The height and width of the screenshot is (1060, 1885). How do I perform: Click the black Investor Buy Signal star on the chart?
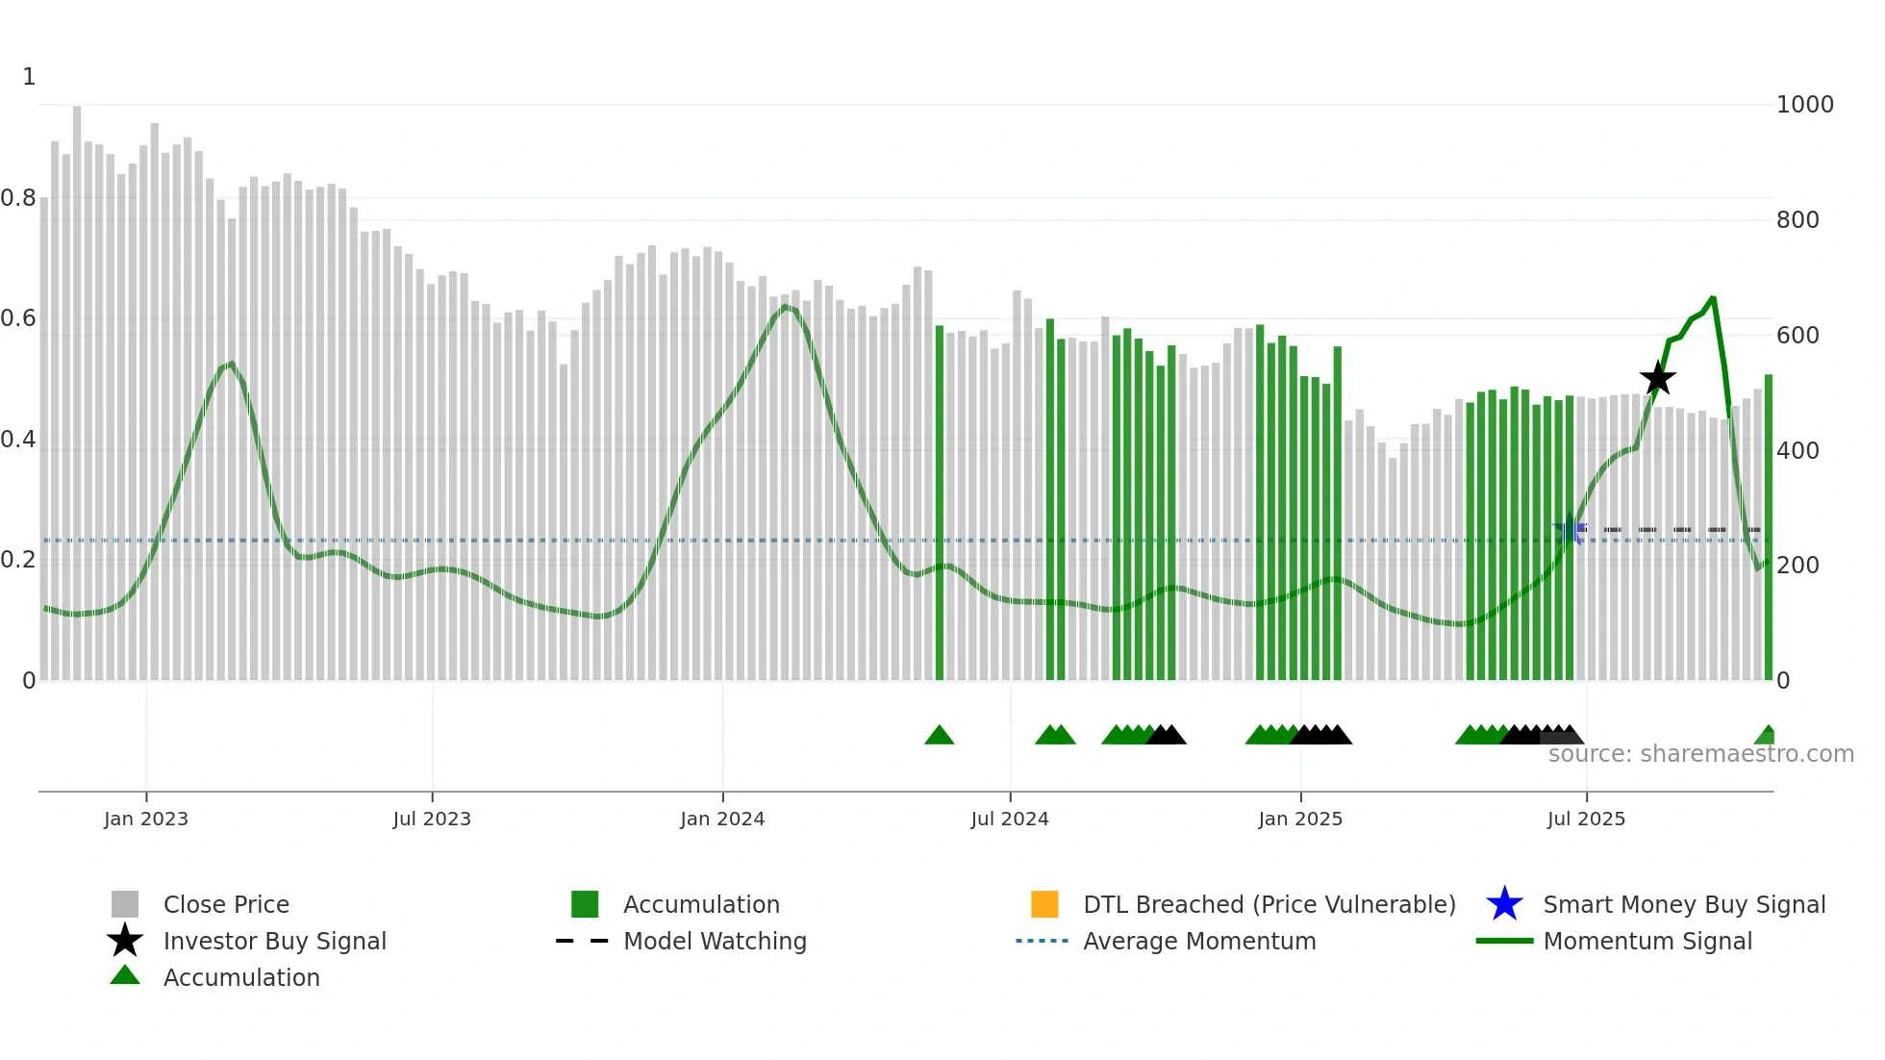pyautogui.click(x=1657, y=379)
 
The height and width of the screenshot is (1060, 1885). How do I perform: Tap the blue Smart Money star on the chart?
pyautogui.click(x=1570, y=530)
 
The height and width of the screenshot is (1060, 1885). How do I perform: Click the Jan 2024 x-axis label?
pyautogui.click(x=722, y=819)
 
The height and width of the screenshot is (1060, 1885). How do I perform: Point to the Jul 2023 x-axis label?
pyautogui.click(x=432, y=819)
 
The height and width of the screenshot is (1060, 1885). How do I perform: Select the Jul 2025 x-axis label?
pyautogui.click(x=1586, y=819)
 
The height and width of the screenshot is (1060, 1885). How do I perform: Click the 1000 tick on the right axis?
pyautogui.click(x=1804, y=105)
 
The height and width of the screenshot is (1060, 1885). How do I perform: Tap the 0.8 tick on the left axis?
pyautogui.click(x=19, y=198)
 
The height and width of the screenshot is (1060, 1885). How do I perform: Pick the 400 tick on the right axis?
pyautogui.click(x=1797, y=450)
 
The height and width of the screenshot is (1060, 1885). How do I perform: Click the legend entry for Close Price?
pyautogui.click(x=226, y=904)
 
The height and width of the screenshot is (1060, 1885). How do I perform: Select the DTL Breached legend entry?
pyautogui.click(x=1269, y=904)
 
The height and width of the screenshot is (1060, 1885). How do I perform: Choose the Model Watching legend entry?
pyautogui.click(x=715, y=941)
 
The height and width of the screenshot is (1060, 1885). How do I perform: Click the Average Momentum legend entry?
pyautogui.click(x=1198, y=941)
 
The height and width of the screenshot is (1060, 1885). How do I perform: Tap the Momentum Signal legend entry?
pyautogui.click(x=1646, y=941)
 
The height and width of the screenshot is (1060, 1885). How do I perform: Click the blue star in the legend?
pyautogui.click(x=1504, y=904)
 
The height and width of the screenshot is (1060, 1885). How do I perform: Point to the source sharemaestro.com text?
pyautogui.click(x=1700, y=754)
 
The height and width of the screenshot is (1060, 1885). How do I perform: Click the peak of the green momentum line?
pyautogui.click(x=1712, y=298)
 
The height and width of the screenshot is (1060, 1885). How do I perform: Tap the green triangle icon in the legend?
pyautogui.click(x=125, y=975)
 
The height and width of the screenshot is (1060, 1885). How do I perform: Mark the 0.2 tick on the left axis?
pyautogui.click(x=19, y=560)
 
